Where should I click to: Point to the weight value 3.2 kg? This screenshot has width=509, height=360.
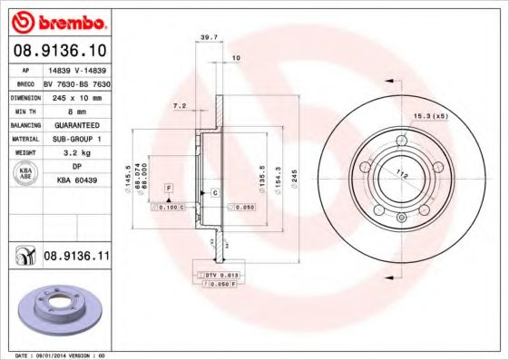(x=76, y=153)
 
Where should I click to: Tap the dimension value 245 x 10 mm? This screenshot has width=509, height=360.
(x=76, y=95)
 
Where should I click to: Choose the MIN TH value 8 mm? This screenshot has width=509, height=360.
(x=76, y=110)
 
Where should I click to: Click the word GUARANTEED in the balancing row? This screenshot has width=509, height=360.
(x=76, y=124)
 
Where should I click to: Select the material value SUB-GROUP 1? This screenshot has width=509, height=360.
(x=76, y=139)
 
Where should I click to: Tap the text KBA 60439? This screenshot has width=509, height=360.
(x=76, y=181)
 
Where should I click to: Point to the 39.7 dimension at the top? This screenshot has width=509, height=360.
(x=208, y=37)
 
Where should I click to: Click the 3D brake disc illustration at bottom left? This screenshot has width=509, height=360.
(x=59, y=309)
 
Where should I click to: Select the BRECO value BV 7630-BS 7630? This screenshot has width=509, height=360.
(x=76, y=82)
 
